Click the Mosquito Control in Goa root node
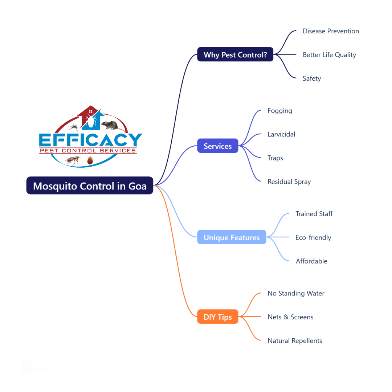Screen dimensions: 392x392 [x=90, y=186]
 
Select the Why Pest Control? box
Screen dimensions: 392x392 [x=235, y=55]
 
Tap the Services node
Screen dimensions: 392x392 [x=218, y=146]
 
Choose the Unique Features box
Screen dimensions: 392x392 [x=232, y=237]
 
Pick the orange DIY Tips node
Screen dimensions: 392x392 [x=218, y=317]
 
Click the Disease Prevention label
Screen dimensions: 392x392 [x=331, y=31]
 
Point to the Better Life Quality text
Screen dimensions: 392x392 [x=329, y=55]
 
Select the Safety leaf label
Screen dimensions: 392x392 [x=312, y=78]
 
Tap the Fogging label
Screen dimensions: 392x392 [x=280, y=111]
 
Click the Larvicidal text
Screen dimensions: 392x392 [x=281, y=134]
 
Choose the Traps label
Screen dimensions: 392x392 [x=275, y=158]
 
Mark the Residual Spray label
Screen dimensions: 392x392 [x=289, y=181]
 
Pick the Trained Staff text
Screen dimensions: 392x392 [x=314, y=214]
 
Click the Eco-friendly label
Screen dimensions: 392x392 [x=313, y=237]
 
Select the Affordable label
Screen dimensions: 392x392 [x=311, y=261]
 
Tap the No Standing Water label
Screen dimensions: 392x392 [x=296, y=293]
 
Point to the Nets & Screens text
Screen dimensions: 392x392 [x=290, y=317]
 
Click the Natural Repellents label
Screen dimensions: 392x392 [x=295, y=340]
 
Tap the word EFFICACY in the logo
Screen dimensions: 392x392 [x=90, y=140]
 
